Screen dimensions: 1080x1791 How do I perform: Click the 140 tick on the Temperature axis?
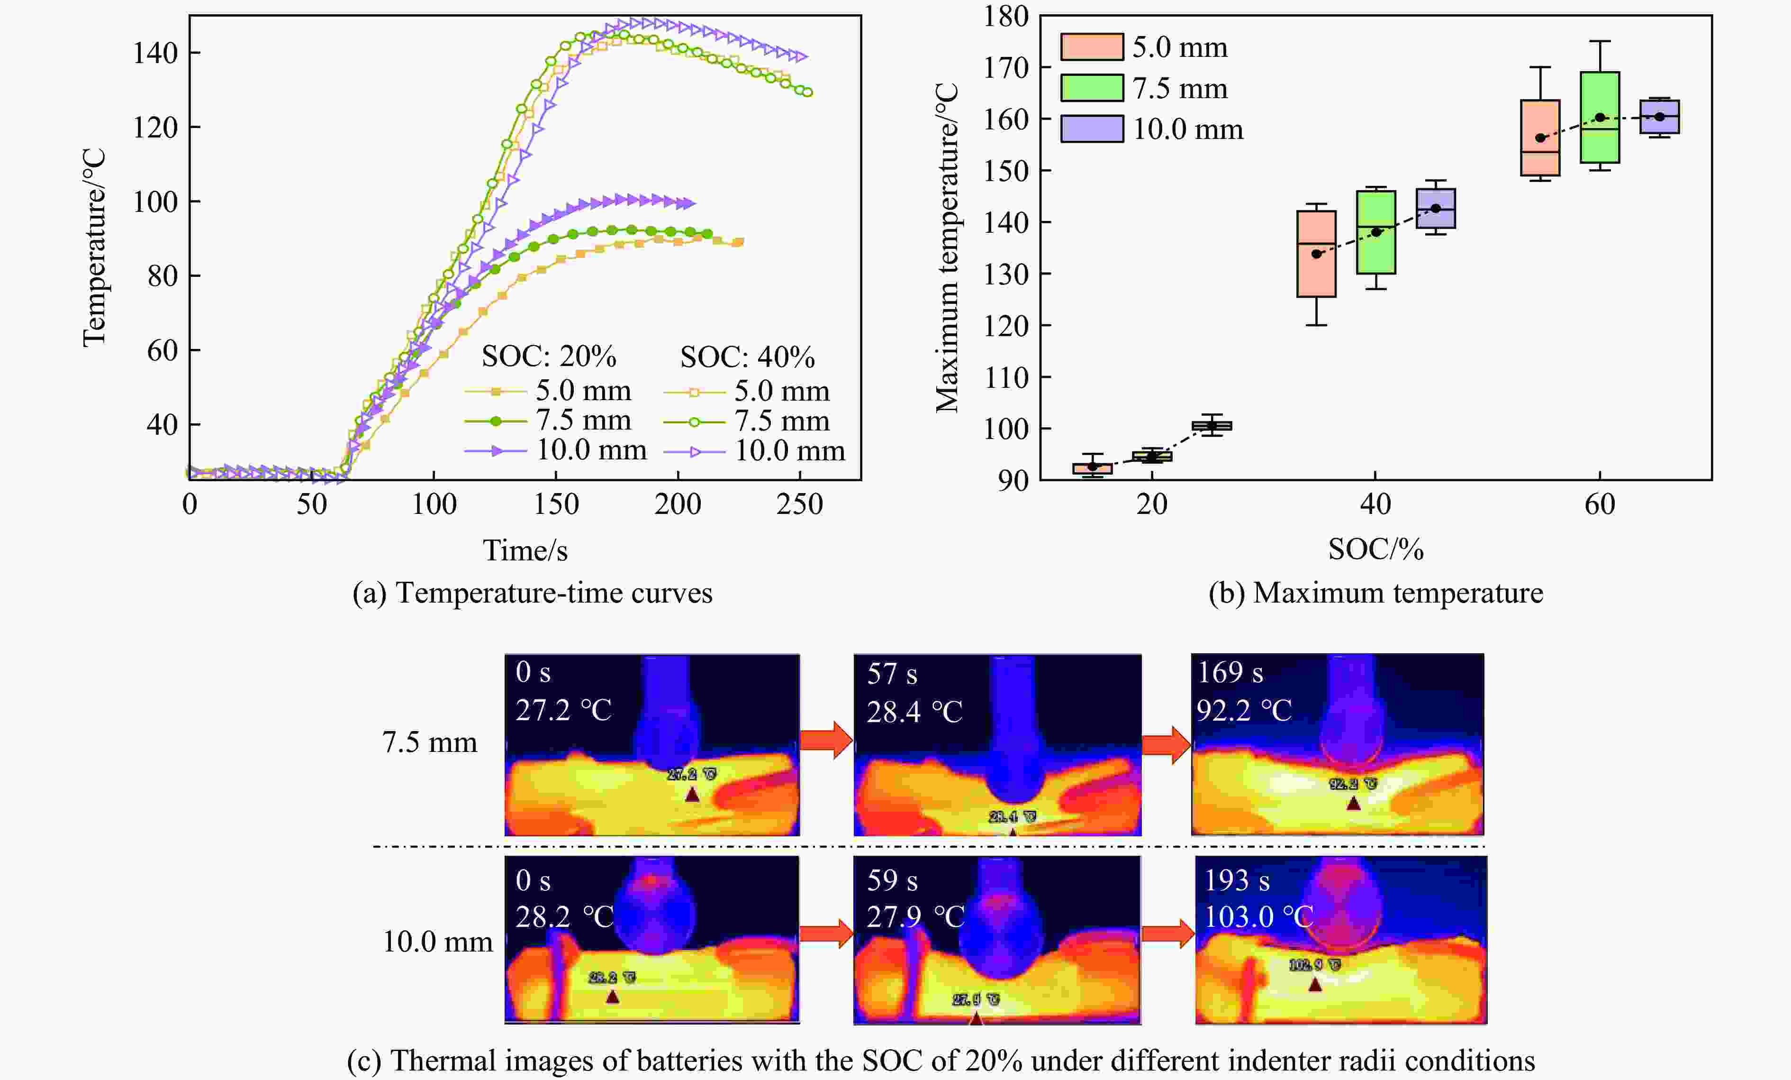tap(155, 53)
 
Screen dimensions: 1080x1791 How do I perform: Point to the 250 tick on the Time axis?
tap(800, 504)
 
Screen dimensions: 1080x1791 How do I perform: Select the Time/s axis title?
tap(525, 550)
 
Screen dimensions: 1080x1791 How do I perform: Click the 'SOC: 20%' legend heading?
tap(549, 357)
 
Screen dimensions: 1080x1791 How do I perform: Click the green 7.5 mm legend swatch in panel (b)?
tap(1092, 88)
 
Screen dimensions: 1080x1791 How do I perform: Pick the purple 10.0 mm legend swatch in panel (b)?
tap(1092, 129)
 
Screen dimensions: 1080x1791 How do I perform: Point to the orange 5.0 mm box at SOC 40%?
tap(1316, 254)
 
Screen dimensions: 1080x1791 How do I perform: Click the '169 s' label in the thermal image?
tap(1230, 673)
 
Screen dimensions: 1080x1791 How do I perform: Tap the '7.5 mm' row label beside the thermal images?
tap(430, 742)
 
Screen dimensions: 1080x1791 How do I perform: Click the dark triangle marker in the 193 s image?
tap(1315, 985)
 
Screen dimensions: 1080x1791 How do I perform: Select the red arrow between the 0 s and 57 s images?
tap(826, 741)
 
